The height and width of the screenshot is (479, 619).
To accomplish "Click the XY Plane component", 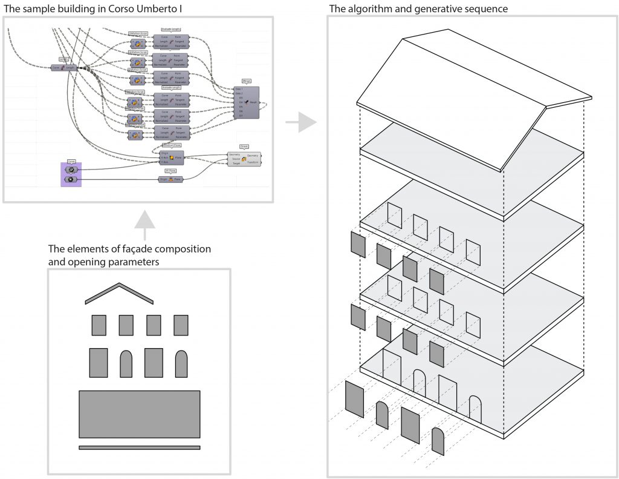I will coord(170,179).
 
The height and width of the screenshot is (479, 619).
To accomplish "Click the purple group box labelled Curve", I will coord(70,174).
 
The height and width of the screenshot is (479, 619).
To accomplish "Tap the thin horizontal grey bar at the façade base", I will coord(140,448).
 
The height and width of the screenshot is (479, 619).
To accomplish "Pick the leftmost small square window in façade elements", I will coord(99,325).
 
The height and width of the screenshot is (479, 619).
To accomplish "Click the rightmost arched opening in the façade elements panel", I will coord(181,363).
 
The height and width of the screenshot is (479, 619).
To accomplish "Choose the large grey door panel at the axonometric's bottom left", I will coord(354,398).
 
